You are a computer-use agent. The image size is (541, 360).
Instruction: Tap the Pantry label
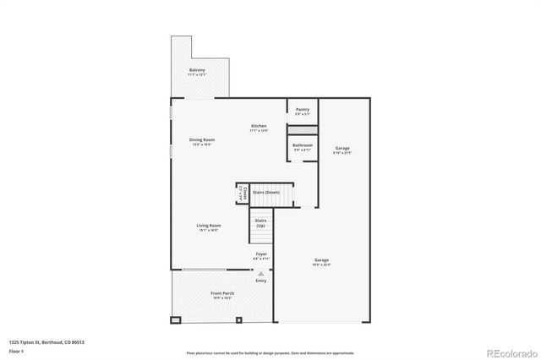[x=303, y=109]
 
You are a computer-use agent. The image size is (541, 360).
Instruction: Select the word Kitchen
[x=258, y=126]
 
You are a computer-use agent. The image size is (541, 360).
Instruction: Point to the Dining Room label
[x=201, y=139]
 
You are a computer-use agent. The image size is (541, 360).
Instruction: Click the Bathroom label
[x=303, y=145]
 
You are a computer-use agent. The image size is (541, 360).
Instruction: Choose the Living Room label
[x=209, y=226]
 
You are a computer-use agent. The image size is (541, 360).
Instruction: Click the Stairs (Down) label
[x=267, y=193]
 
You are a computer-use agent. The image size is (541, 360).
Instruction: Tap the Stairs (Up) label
[x=261, y=222]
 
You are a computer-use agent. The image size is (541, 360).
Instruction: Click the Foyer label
[x=262, y=254]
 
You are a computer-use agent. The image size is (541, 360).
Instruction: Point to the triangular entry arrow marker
[x=261, y=274]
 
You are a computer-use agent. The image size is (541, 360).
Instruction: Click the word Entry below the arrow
[x=261, y=281]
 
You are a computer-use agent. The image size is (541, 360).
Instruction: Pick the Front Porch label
[x=222, y=294]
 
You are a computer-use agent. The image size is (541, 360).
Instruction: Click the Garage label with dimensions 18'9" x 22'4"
[x=322, y=260]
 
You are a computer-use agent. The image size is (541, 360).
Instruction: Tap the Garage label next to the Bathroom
[x=342, y=149]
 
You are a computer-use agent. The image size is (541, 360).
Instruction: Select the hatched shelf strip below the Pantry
[x=303, y=128]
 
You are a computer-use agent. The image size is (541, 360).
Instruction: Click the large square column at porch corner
[x=176, y=320]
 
